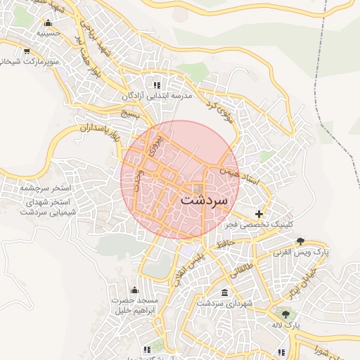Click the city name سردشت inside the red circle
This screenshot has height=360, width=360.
tap(204, 199)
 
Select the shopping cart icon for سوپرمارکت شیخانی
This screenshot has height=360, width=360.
tap(27, 51)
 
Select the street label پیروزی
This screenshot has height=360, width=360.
tap(156, 143)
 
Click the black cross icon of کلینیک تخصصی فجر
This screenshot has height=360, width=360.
tap(259, 213)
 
